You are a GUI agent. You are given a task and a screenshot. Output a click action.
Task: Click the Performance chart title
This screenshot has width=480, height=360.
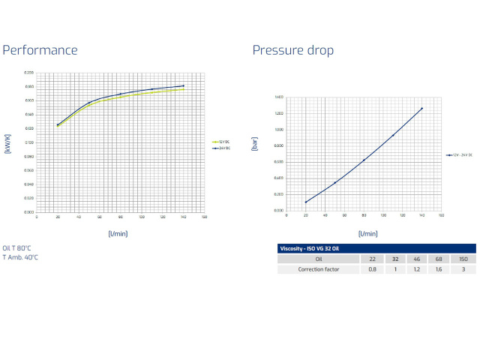click(x=40, y=50)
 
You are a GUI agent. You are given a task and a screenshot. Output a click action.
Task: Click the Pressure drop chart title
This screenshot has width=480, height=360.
click(x=292, y=50)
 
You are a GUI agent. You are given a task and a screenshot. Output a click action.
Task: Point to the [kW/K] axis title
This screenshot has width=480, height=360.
click(x=7, y=142)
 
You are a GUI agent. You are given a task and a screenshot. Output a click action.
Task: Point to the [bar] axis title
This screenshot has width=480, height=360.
click(x=255, y=144)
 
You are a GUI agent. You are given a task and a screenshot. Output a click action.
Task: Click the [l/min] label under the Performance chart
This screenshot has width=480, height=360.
click(x=117, y=234)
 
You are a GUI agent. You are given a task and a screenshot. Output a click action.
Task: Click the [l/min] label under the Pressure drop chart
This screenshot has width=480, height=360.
click(x=367, y=234)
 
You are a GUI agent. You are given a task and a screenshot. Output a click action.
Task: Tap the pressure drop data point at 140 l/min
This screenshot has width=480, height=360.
click(x=421, y=109)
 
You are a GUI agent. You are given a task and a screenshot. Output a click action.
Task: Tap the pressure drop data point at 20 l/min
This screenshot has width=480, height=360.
click(x=306, y=202)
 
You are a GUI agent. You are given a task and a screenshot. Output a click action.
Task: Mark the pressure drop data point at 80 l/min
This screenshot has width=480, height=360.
click(x=364, y=160)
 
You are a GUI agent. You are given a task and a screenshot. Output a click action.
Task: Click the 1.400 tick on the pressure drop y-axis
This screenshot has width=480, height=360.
click(x=278, y=97)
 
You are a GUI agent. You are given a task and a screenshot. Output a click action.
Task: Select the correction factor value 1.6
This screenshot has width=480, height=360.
click(x=437, y=268)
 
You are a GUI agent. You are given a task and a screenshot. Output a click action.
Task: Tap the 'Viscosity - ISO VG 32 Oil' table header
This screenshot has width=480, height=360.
click(x=309, y=248)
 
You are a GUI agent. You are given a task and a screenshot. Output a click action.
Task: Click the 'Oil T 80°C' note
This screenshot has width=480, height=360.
click(x=16, y=247)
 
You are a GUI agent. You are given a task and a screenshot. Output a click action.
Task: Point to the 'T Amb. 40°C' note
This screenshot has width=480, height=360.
click(x=20, y=257)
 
